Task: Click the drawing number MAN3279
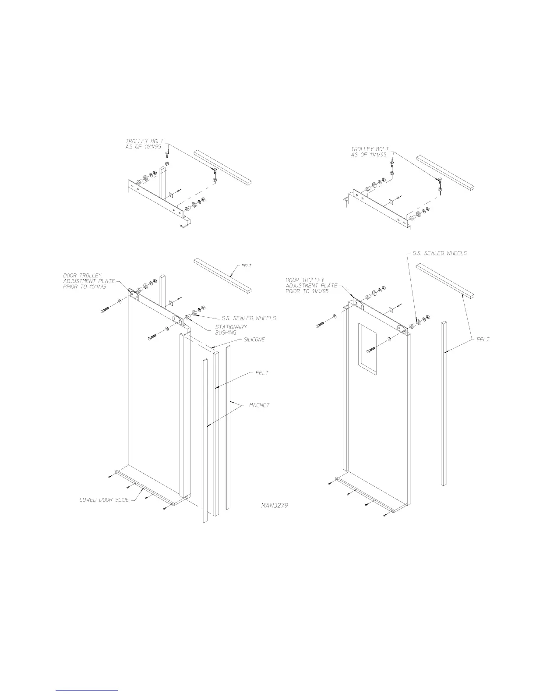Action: point(274,505)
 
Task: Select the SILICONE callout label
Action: point(254,340)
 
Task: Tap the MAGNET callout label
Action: point(259,405)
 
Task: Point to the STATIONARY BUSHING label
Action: point(231,329)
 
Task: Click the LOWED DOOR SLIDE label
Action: point(104,499)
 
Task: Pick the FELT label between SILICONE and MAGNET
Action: point(261,373)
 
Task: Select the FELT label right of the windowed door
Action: point(483,339)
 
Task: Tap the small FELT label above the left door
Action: point(246,266)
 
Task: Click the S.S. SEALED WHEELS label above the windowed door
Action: point(440,253)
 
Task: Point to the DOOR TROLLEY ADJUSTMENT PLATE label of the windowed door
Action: point(311,285)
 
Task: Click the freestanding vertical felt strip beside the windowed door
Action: point(444,403)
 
